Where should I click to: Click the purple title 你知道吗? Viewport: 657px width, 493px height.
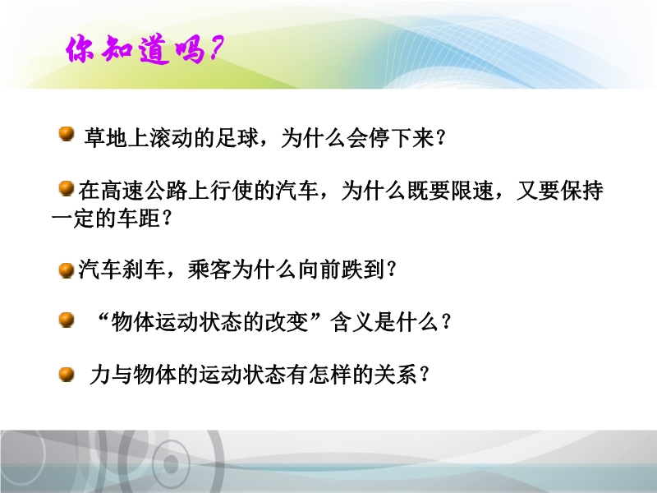[145, 49]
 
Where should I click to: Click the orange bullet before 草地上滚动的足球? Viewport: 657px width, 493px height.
[67, 134]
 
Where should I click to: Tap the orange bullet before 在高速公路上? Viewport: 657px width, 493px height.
[67, 188]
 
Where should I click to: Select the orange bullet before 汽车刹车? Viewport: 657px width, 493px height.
[67, 270]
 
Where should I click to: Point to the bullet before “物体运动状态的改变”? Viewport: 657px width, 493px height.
[67, 320]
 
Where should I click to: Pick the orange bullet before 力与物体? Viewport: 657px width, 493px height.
[67, 374]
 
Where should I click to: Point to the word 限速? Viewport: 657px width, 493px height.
[471, 191]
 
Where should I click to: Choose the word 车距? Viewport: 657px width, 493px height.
[138, 218]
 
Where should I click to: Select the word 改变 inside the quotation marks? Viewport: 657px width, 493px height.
[287, 322]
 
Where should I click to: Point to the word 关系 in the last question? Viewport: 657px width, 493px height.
[396, 375]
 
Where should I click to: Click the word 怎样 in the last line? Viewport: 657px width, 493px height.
[330, 375]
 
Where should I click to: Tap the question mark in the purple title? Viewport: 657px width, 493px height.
[216, 48]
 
